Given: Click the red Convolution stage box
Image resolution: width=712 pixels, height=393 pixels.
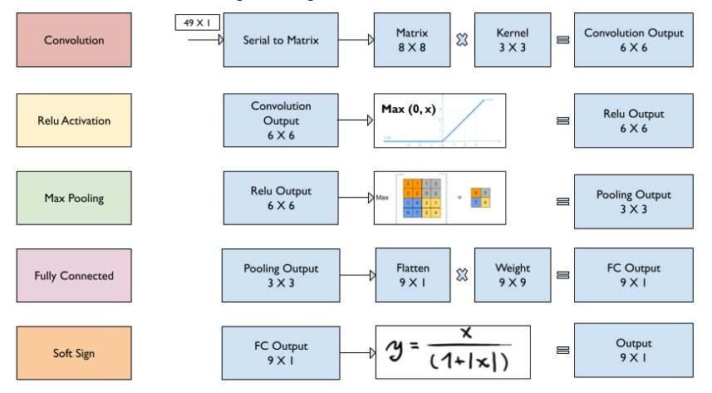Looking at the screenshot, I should coord(74,40).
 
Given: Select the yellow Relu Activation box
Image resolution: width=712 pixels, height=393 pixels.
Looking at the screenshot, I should coord(74,120).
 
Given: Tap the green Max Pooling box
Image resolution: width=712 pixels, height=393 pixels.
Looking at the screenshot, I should coord(74,198).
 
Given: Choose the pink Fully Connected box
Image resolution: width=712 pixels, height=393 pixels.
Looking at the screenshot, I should coord(74,276).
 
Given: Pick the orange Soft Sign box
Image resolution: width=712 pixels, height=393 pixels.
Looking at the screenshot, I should coord(74,353).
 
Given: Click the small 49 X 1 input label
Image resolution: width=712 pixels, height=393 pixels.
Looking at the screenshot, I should coord(197,22).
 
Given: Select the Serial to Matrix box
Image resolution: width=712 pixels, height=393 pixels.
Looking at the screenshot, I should coord(280,40).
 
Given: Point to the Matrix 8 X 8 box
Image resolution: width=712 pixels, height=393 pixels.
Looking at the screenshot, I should coord(411,40).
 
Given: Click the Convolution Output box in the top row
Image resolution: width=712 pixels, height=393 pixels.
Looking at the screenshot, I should coord(633,40).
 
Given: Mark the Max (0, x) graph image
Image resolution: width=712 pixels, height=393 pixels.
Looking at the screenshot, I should coord(439,120).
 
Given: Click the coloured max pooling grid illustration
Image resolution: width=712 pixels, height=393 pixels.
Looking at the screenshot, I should coord(439,198).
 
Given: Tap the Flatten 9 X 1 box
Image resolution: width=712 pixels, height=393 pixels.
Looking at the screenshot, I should coord(411,275).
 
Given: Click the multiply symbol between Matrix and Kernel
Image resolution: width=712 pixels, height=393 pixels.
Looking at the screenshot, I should coord(462,39).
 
